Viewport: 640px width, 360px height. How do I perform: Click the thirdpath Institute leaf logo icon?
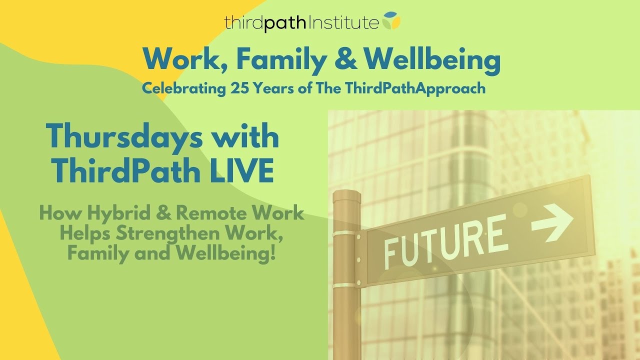click(391, 20)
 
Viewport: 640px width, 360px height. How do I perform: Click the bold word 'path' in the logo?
click(284, 23)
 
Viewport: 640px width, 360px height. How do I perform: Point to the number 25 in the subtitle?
click(239, 88)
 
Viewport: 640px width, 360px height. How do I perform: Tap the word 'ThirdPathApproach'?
click(414, 89)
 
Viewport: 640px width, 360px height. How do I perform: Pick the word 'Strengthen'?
click(170, 234)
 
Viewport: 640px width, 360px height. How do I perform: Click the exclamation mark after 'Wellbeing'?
click(272, 252)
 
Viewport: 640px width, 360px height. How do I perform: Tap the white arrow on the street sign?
click(552, 223)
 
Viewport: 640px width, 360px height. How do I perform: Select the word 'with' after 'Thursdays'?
click(243, 136)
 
